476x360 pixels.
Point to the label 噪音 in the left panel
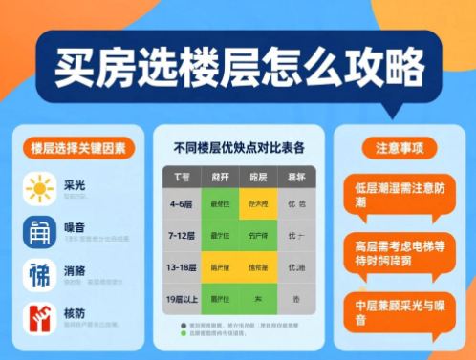(75, 225)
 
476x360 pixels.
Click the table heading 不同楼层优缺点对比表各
(239, 148)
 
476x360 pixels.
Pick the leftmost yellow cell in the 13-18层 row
(221, 267)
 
